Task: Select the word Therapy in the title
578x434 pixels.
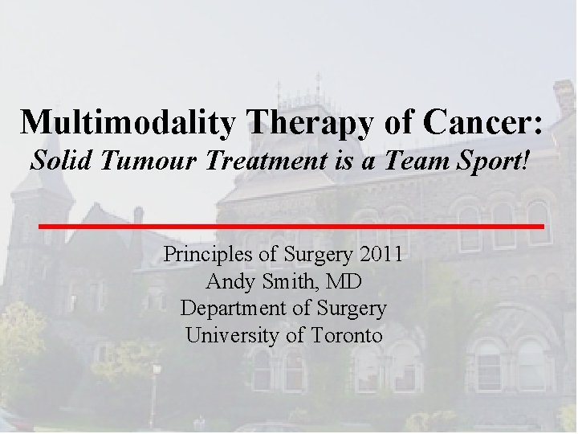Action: click(x=292, y=122)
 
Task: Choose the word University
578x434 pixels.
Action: click(x=230, y=334)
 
